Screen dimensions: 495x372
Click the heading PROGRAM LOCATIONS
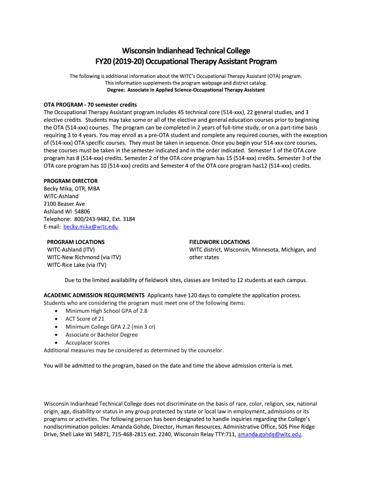click(x=75, y=242)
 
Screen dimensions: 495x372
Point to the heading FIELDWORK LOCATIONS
click(x=219, y=242)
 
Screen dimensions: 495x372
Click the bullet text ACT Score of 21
click(x=85, y=319)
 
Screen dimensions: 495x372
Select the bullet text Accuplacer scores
click(x=87, y=342)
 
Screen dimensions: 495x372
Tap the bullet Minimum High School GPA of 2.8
click(x=106, y=311)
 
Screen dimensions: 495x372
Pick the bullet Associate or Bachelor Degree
click(x=101, y=335)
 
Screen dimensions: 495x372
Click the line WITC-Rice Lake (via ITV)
click(x=76, y=265)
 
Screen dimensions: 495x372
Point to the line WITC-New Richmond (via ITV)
click(x=84, y=257)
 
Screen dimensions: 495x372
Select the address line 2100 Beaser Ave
click(x=64, y=204)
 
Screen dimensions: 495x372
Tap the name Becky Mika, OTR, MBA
click(x=72, y=189)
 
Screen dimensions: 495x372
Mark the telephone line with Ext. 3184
click(x=89, y=219)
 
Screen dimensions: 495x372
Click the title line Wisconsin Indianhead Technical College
click(x=186, y=51)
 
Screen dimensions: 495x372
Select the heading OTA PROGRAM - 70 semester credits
click(x=90, y=104)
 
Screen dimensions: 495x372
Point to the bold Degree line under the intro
click(x=186, y=90)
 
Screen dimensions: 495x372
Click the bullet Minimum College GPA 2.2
click(x=110, y=327)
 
